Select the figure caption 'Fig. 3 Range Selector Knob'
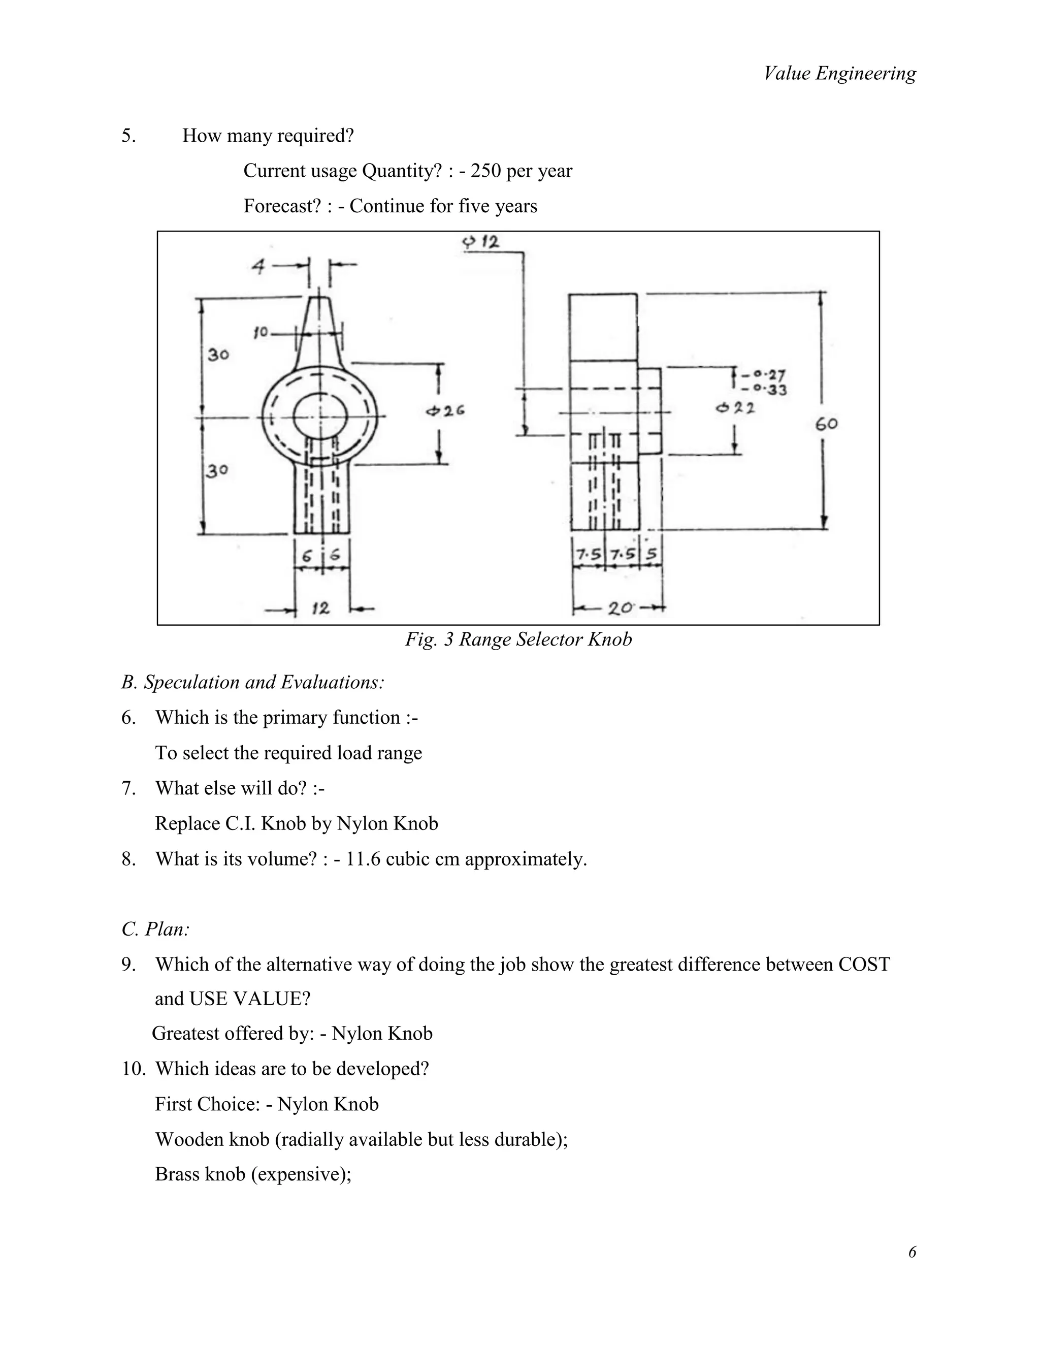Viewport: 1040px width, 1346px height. tap(518, 639)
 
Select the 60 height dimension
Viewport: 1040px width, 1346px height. tap(826, 424)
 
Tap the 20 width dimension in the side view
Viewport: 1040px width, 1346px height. tap(620, 608)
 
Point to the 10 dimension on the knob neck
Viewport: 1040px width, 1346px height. tap(261, 333)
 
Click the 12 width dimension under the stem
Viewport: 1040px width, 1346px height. tap(320, 609)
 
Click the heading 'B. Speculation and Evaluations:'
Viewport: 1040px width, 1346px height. tap(252, 682)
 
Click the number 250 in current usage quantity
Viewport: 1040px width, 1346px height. tap(485, 171)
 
